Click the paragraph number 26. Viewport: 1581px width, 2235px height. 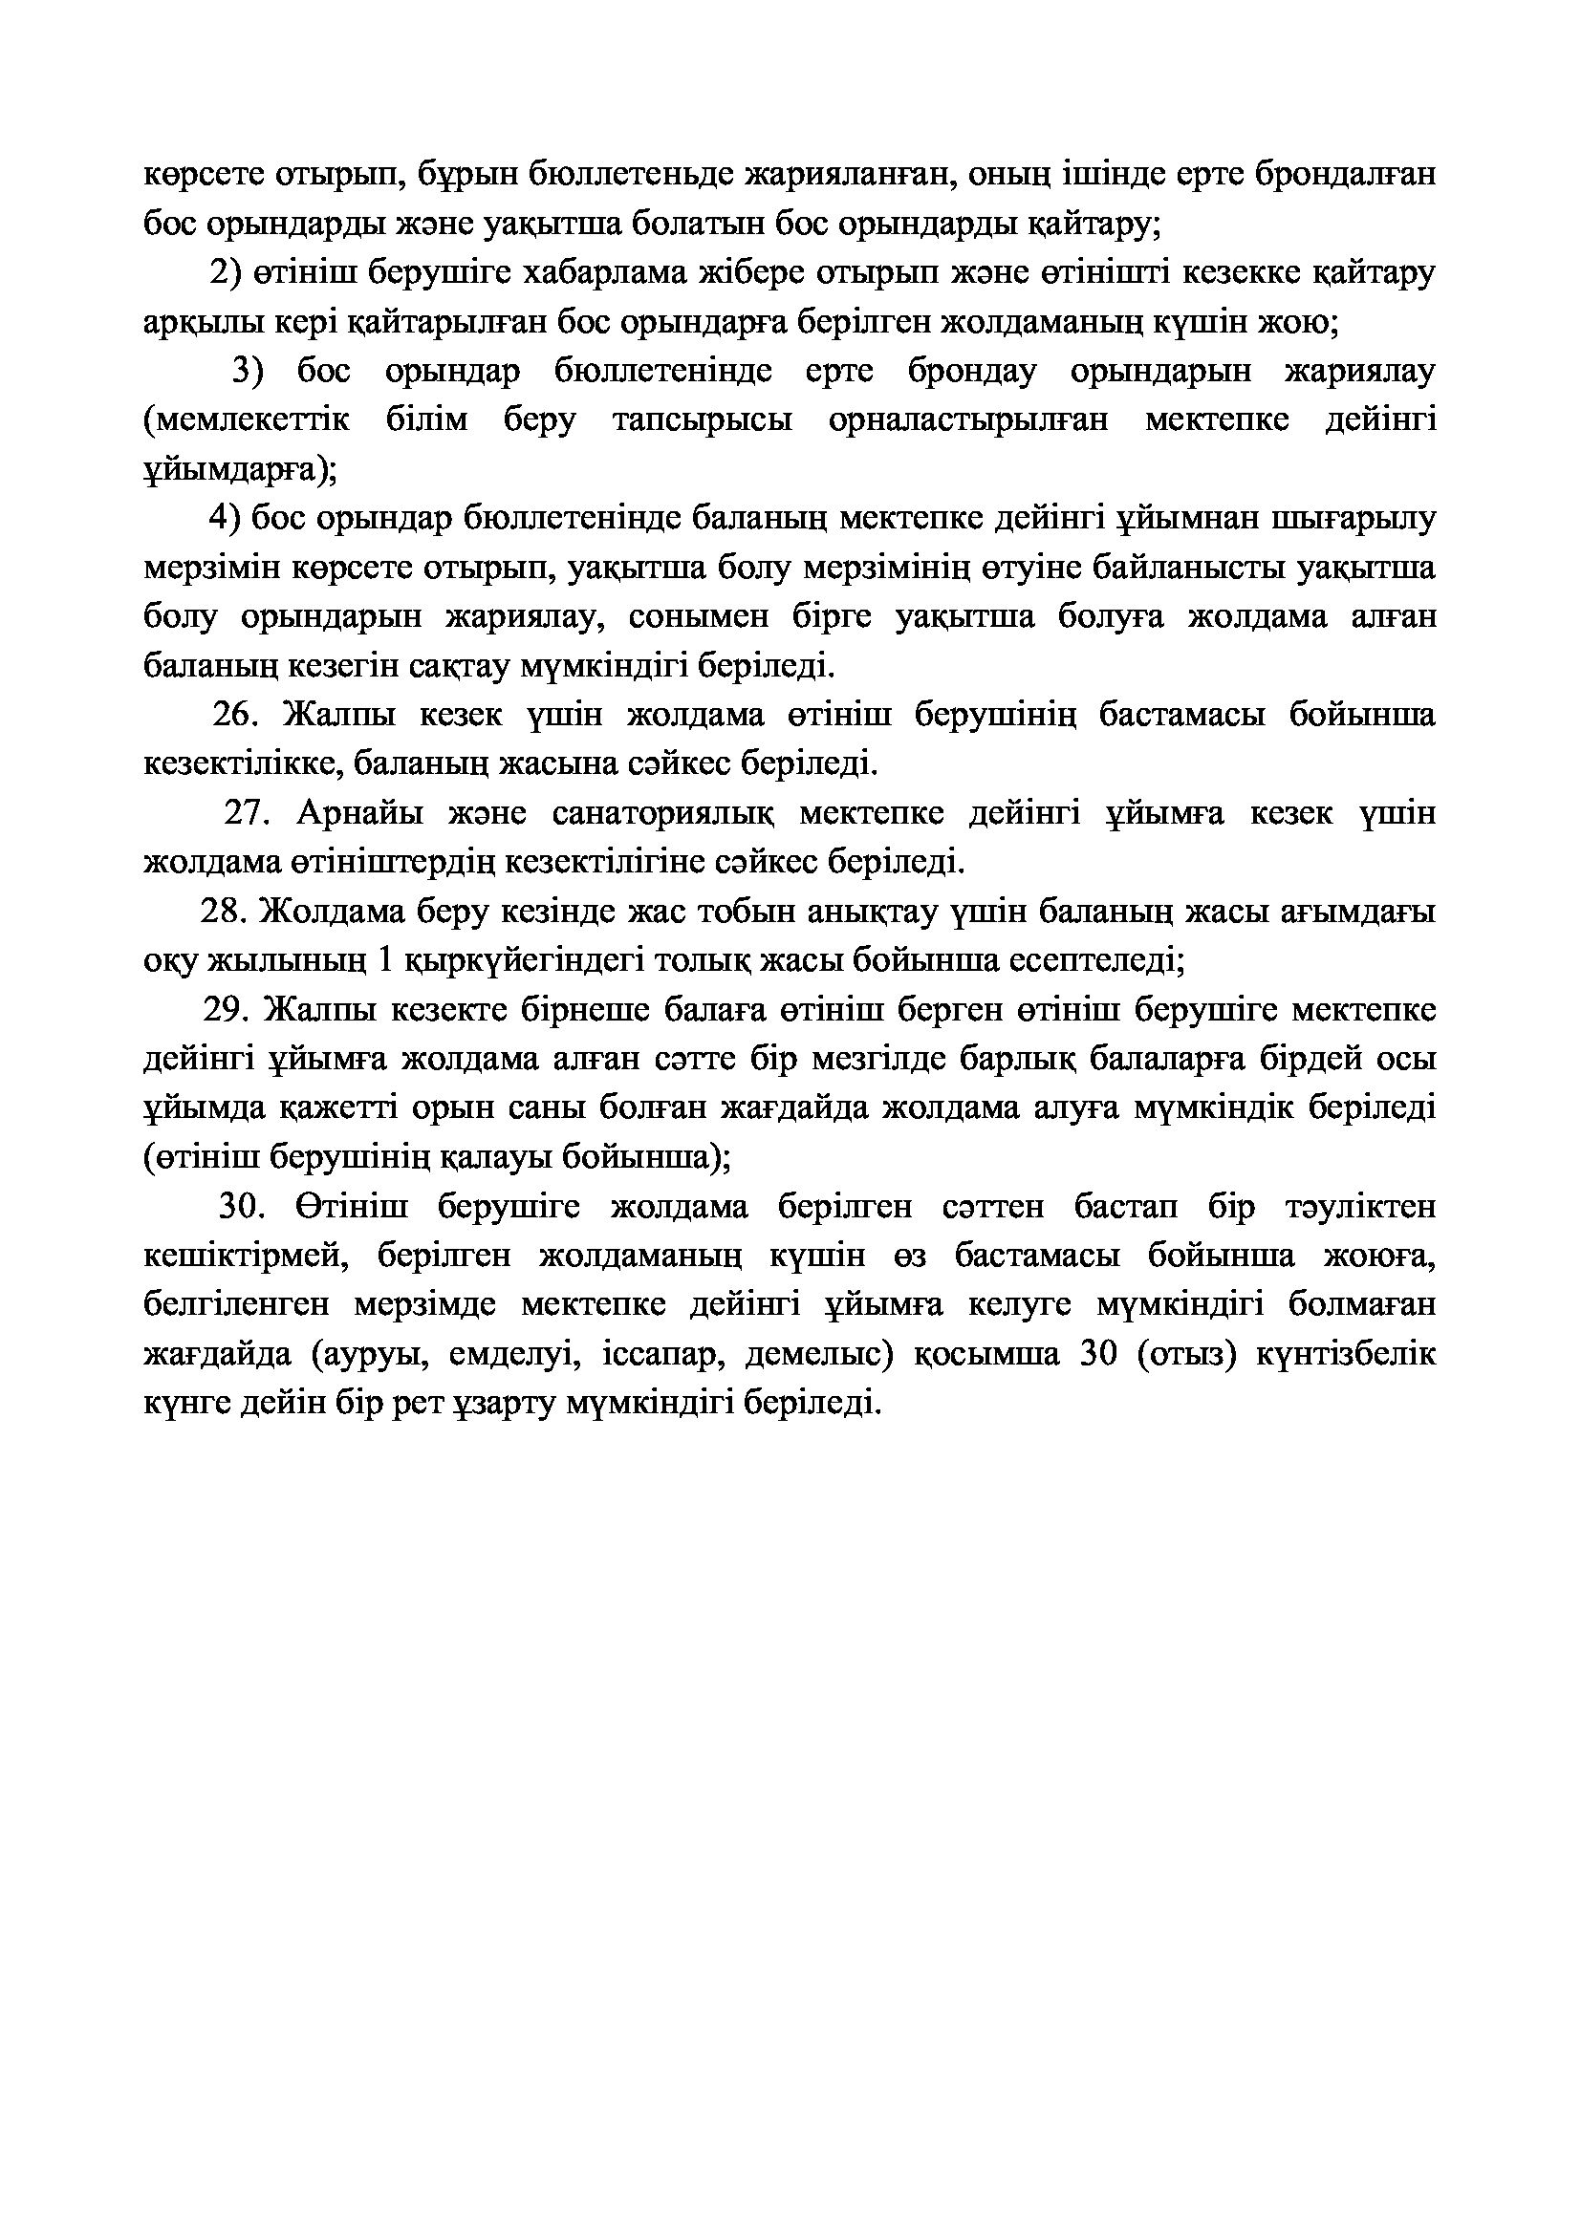tap(233, 716)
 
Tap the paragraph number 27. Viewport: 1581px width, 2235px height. tap(248, 813)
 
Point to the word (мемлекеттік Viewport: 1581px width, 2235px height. tap(247, 420)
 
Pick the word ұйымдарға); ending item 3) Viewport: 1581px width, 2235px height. tap(240, 470)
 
